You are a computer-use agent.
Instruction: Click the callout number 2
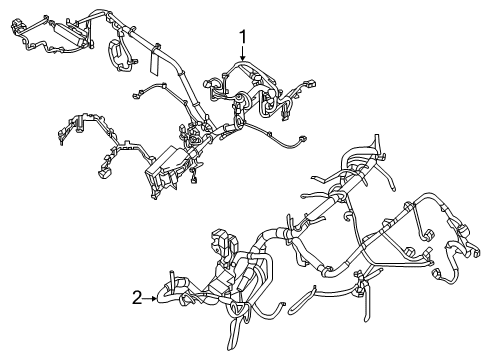coord(137,296)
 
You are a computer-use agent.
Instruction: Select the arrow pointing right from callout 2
coord(155,296)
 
